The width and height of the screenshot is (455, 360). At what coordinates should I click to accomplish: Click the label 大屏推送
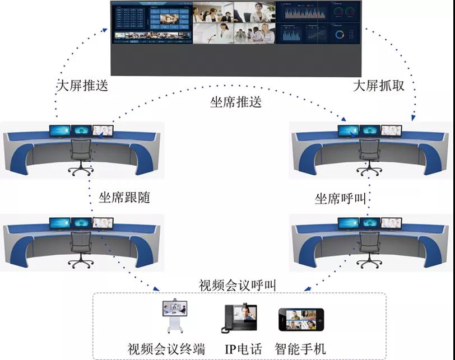click(82, 86)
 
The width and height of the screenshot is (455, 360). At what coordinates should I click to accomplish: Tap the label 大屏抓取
click(378, 86)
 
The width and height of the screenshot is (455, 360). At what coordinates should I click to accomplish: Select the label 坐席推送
click(236, 102)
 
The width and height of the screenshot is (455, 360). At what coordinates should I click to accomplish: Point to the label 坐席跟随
click(124, 198)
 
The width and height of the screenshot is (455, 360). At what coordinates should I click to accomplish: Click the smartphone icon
click(301, 320)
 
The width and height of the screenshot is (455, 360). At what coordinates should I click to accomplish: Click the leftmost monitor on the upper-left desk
click(59, 131)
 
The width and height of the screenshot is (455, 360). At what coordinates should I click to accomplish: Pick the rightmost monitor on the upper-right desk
click(391, 130)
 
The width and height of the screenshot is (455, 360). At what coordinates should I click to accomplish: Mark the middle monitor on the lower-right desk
click(370, 223)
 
